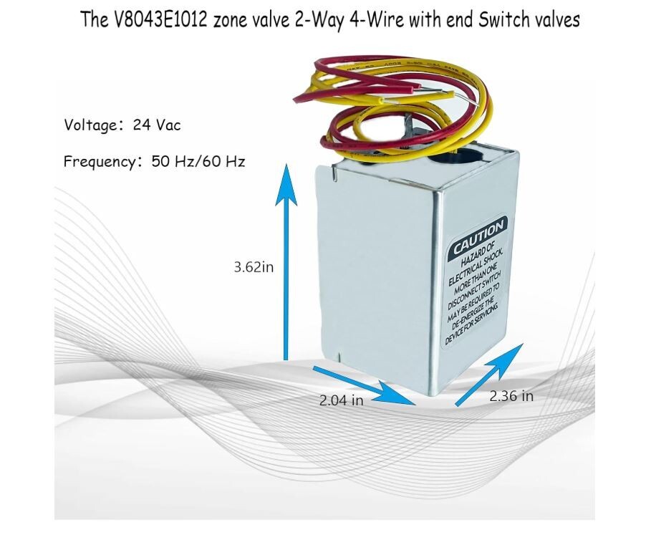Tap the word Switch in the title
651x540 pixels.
tap(492, 20)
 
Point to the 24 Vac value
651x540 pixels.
tap(157, 125)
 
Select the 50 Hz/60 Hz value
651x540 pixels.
tap(198, 161)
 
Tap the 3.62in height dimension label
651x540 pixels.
tap(254, 267)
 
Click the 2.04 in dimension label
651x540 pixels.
tap(341, 400)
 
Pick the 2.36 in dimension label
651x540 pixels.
tap(511, 395)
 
